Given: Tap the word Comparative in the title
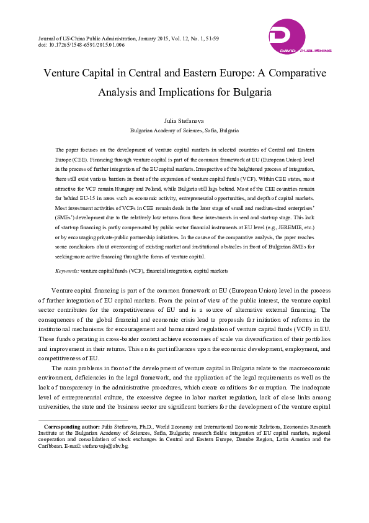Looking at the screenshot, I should [292, 73].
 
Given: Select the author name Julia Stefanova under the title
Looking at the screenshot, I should [184, 121].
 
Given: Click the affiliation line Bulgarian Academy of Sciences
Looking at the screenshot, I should [184, 131].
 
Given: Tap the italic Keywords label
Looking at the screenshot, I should [67, 271].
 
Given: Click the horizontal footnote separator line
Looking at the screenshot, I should [83, 420].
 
